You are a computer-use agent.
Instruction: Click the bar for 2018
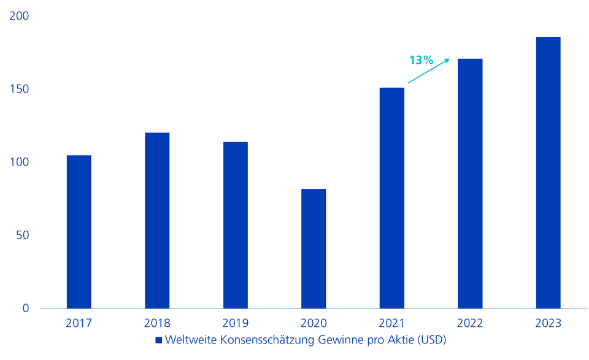[x=157, y=221]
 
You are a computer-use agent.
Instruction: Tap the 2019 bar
[x=235, y=225]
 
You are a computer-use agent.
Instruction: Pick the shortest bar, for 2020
[x=314, y=248]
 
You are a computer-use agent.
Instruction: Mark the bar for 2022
[x=470, y=183]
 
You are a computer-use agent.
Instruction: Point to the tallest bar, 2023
[x=548, y=172]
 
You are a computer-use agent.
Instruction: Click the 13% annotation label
[x=421, y=60]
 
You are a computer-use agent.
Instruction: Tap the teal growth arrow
[x=429, y=71]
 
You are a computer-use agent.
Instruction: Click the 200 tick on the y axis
[x=20, y=17]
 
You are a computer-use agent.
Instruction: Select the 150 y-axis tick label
[x=20, y=90]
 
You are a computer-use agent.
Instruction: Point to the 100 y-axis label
[x=20, y=163]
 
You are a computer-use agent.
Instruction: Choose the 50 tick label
[x=23, y=236]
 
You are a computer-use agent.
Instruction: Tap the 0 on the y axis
[x=26, y=308]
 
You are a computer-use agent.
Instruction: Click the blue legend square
[x=158, y=340]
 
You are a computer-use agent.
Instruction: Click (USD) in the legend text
[x=432, y=340]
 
